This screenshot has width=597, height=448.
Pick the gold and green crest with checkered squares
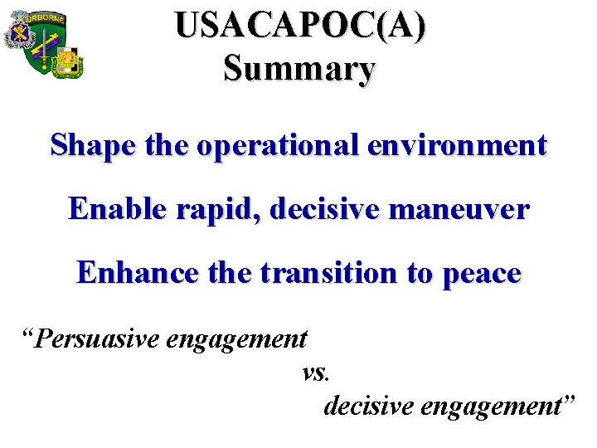click(67, 61)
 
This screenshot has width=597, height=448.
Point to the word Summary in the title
click(299, 68)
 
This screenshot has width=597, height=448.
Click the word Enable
click(117, 209)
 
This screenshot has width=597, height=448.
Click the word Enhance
click(138, 272)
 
